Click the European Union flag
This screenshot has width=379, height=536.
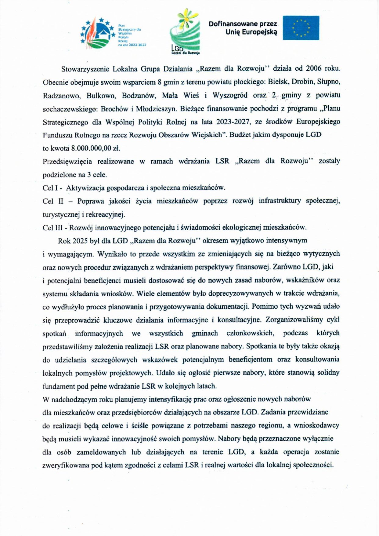[301, 28]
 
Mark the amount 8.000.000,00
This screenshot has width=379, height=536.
[91, 148]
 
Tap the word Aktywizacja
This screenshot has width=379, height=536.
[85, 188]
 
